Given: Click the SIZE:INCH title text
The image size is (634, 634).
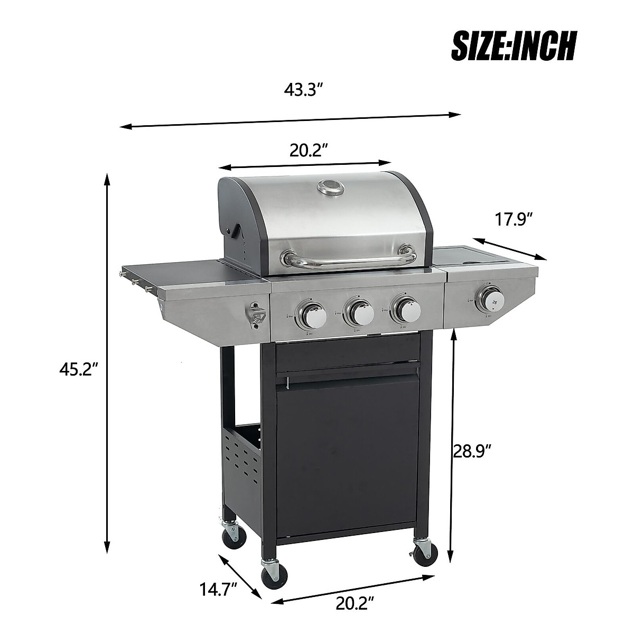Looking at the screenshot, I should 513,46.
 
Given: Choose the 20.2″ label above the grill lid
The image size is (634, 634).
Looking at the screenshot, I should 309,151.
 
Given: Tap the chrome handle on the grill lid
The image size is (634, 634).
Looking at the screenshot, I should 349,260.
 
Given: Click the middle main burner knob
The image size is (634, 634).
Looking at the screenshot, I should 359,313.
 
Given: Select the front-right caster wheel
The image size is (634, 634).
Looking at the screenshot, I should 425,551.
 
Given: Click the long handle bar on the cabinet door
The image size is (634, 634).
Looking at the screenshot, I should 349,376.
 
